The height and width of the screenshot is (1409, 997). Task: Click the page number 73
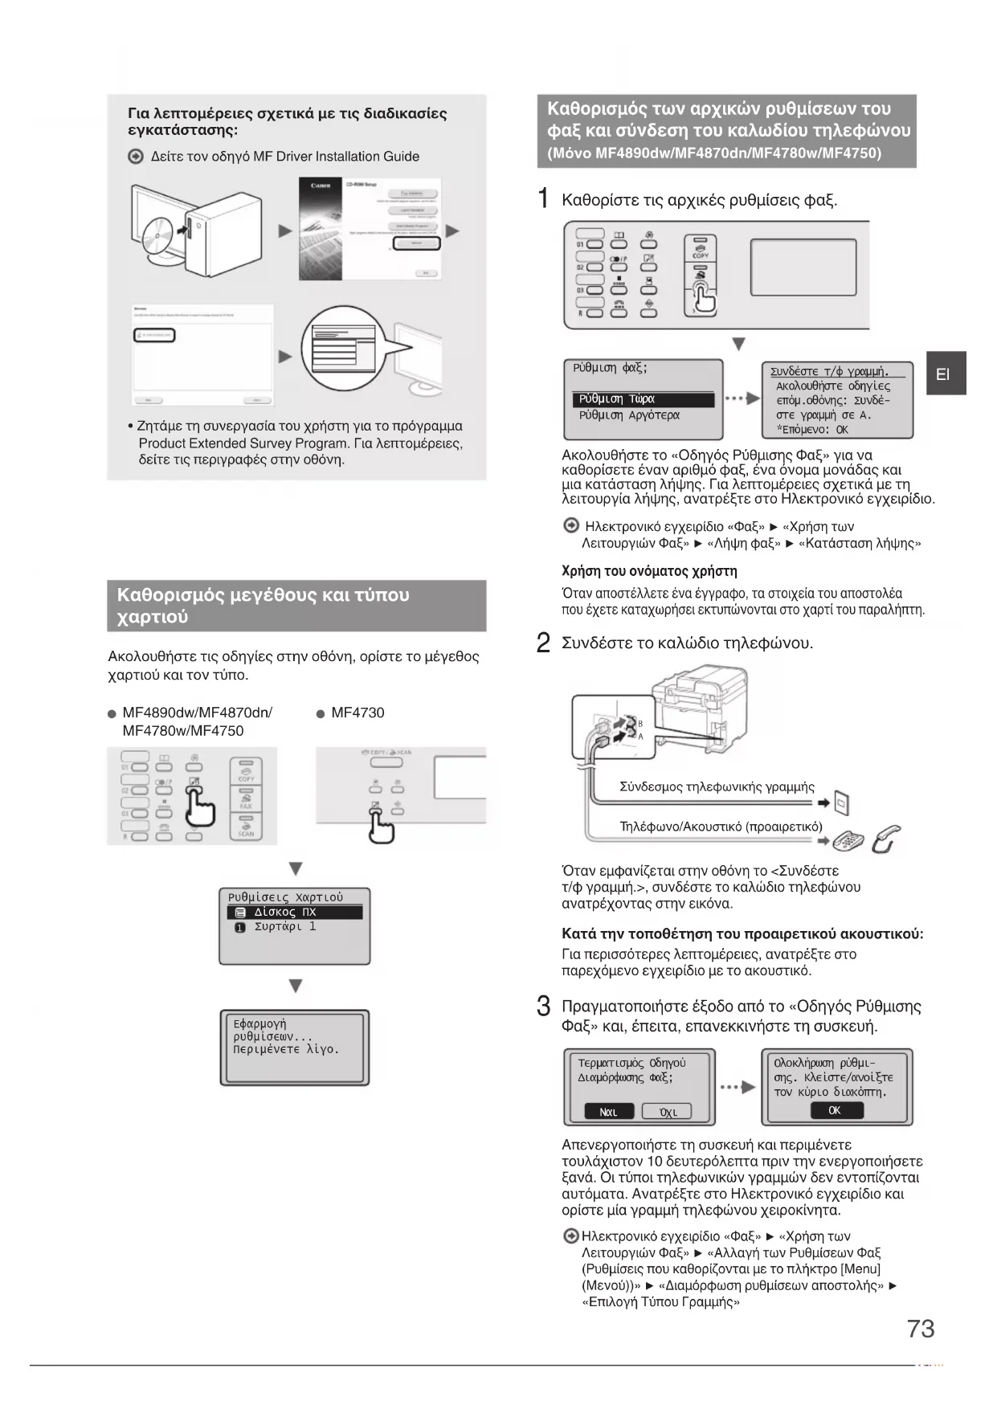click(x=921, y=1329)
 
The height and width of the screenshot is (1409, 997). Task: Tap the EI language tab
click(x=945, y=374)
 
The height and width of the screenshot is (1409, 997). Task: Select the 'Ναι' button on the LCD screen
click(x=609, y=1112)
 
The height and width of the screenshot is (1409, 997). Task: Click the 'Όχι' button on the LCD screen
click(x=667, y=1112)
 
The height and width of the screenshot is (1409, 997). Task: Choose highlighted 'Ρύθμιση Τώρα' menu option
click(x=643, y=399)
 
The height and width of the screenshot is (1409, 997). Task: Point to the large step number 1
click(x=544, y=198)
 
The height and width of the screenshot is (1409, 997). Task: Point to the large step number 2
click(x=544, y=643)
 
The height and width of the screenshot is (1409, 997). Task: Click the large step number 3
click(x=544, y=1007)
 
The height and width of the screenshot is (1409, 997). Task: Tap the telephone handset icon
click(x=886, y=839)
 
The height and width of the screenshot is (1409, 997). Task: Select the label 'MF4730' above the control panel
click(x=358, y=713)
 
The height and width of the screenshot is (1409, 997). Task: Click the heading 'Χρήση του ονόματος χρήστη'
click(x=649, y=571)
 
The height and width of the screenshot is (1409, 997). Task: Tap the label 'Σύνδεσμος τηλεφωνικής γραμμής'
click(x=717, y=786)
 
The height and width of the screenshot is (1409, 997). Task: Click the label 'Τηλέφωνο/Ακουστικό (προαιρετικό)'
click(x=721, y=827)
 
